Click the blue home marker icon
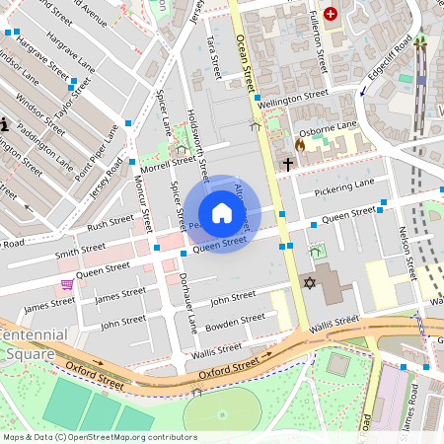(222, 213)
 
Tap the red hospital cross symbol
(331, 14)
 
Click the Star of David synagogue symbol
(309, 284)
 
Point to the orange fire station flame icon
(300, 144)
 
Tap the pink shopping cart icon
(67, 284)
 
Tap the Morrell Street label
(169, 160)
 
